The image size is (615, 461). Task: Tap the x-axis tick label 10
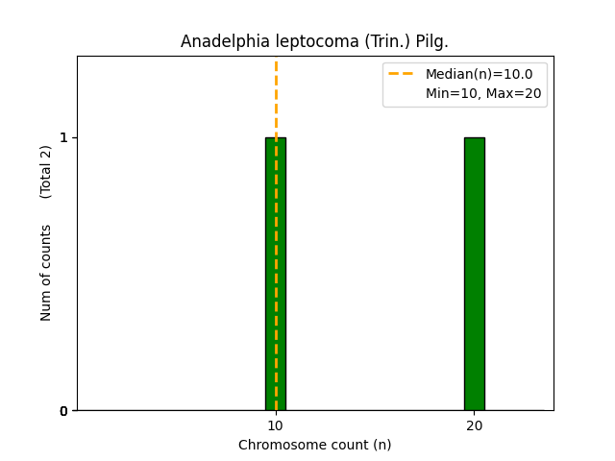click(276, 425)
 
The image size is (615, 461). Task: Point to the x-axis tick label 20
click(475, 425)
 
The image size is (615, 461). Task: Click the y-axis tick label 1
click(63, 137)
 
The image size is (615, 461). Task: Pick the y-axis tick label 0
click(63, 411)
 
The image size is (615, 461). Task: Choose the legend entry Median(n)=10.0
click(479, 74)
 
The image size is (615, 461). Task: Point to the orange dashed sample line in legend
click(401, 74)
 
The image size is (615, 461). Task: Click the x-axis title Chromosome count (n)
click(315, 445)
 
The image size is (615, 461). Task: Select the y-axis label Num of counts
click(46, 272)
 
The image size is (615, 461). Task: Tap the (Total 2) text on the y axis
click(46, 172)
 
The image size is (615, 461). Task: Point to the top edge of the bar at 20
click(475, 137)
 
